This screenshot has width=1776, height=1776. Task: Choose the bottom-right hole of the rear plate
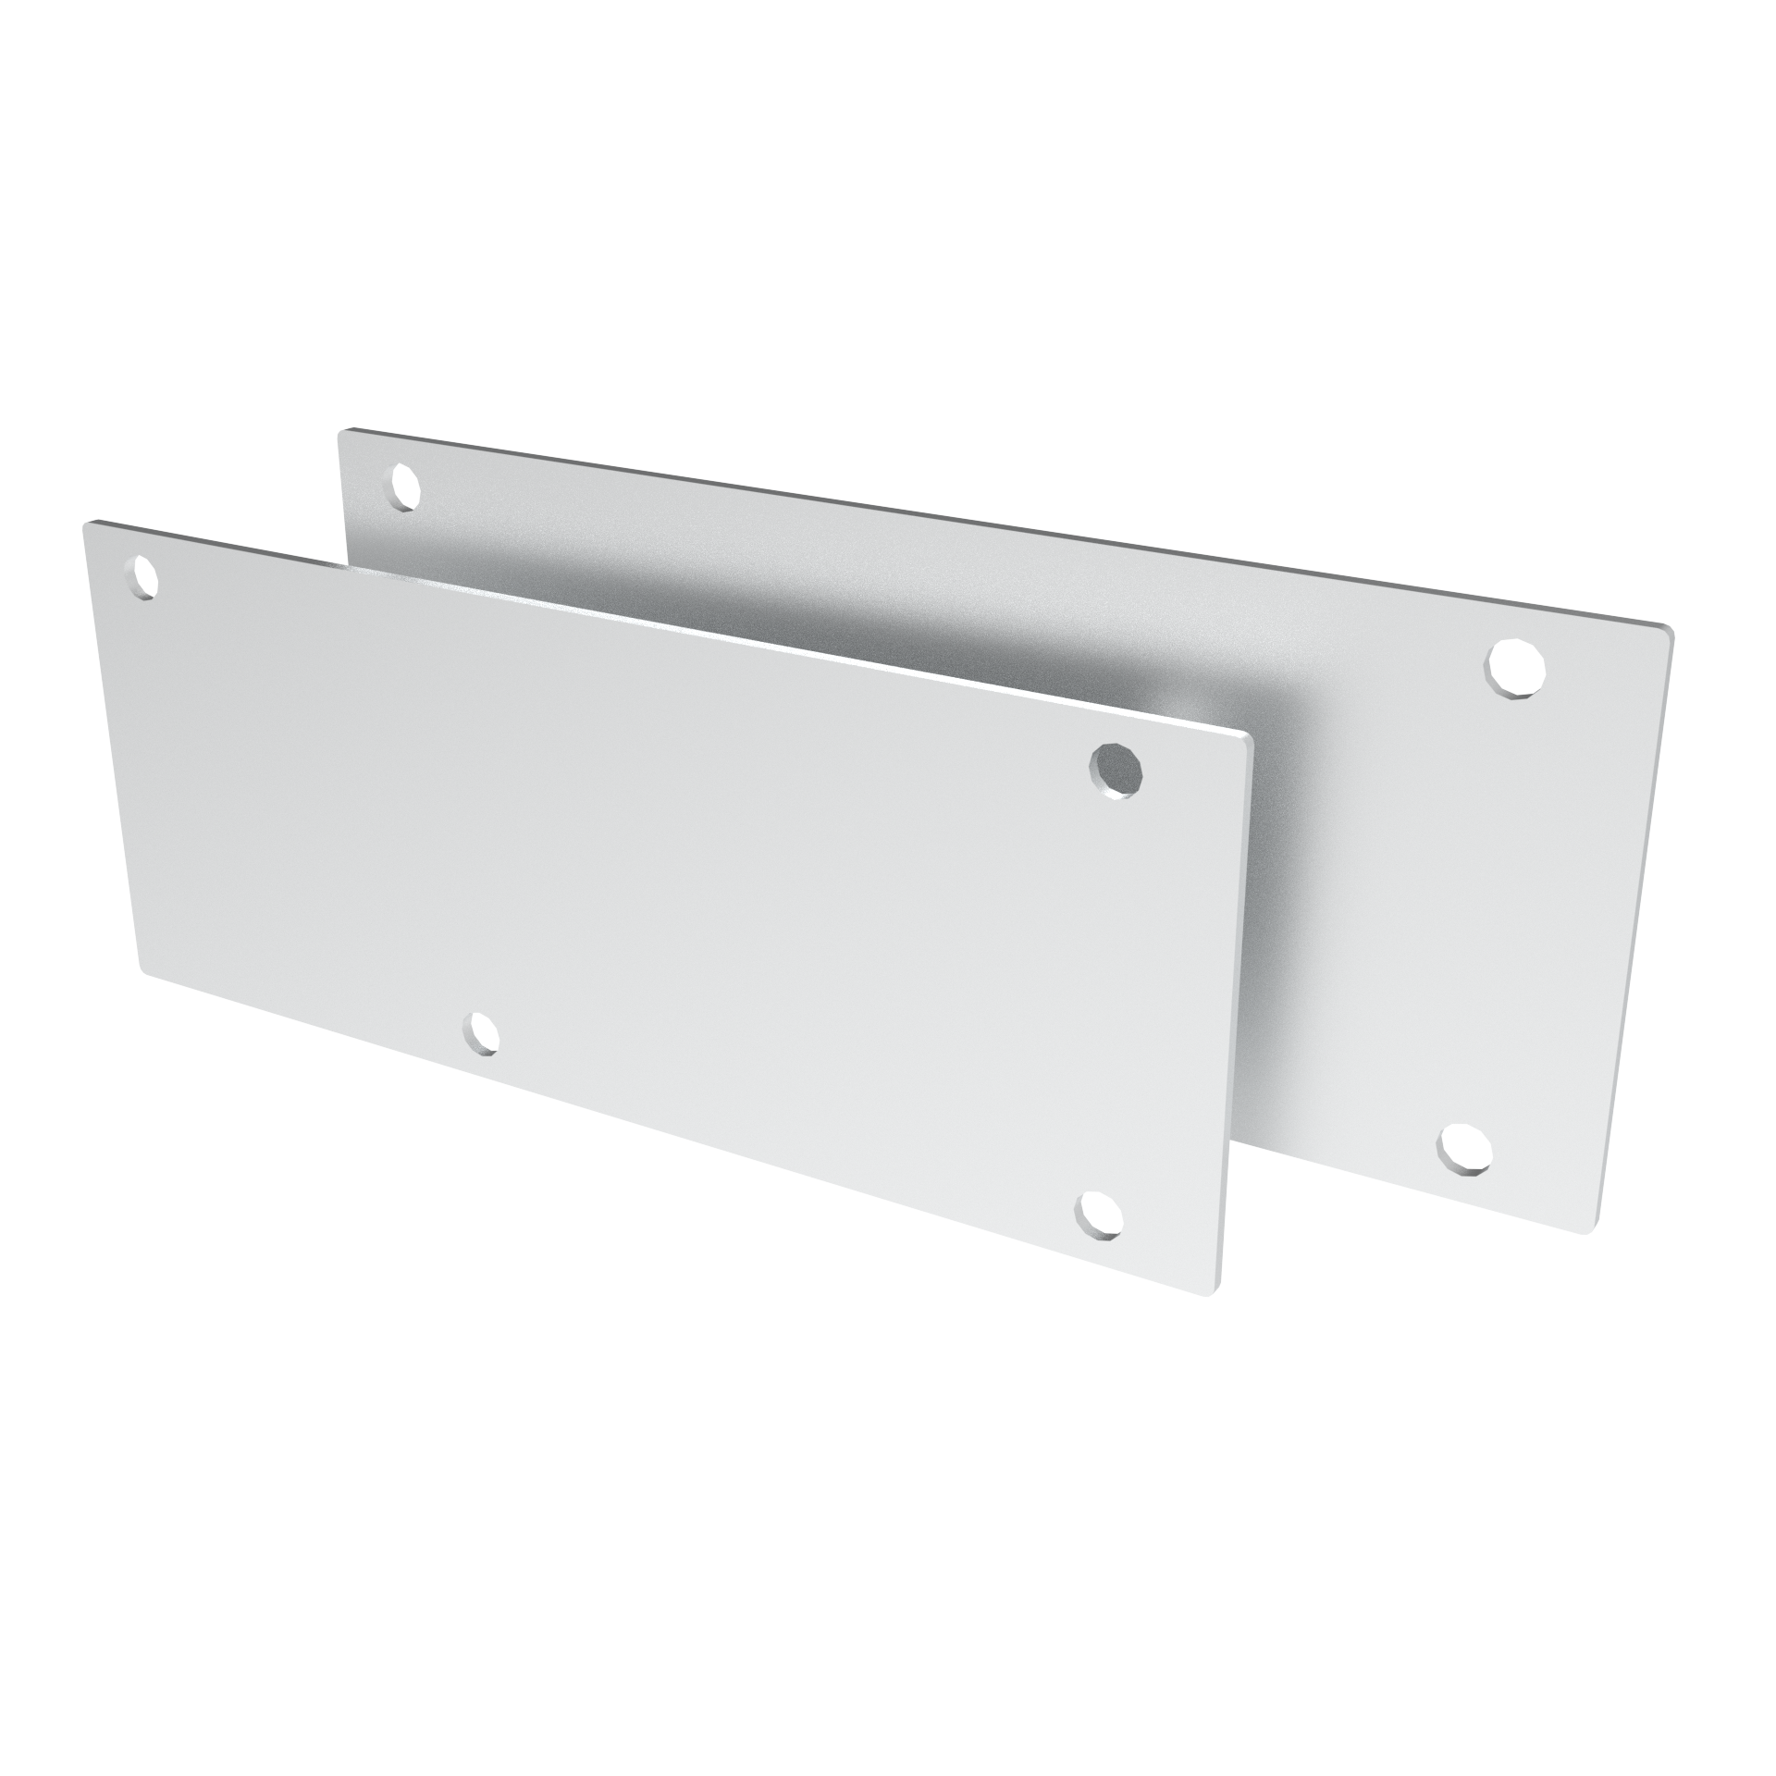[x=1464, y=1150]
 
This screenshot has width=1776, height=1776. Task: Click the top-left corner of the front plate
[x=87, y=524]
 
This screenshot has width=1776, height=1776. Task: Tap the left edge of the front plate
[x=113, y=749]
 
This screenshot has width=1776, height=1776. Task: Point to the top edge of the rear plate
[x=1008, y=529]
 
